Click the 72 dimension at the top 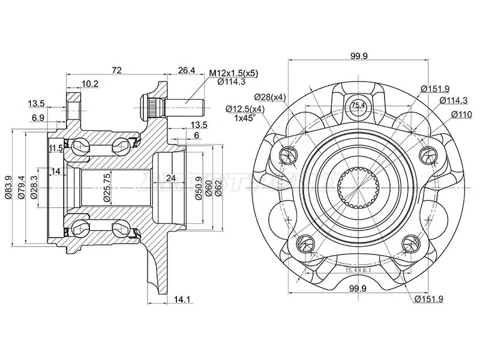point(116,71)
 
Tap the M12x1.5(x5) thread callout point(233,73)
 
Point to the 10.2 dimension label point(90,84)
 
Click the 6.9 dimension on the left point(37,117)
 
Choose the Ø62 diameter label point(219,187)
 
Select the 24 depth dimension point(171,178)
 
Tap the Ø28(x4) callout point(270,97)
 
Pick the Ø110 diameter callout point(462,114)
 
